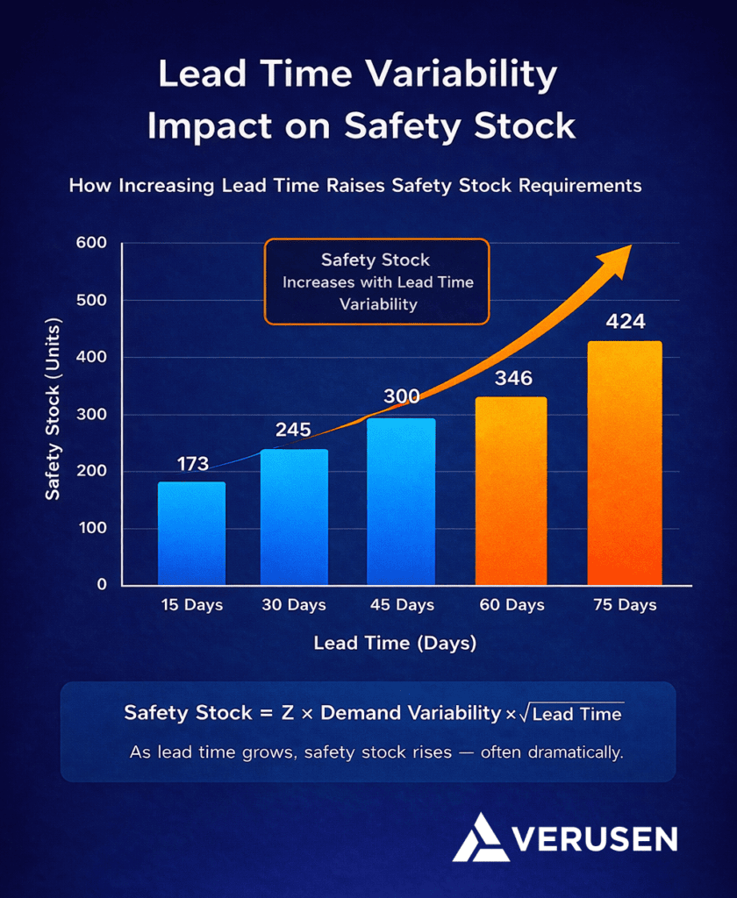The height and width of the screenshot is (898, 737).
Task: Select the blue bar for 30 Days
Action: pyautogui.click(x=294, y=517)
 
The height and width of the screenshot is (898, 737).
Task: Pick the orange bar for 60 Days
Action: pyautogui.click(x=511, y=491)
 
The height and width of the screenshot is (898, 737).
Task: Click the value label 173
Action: pyautogui.click(x=192, y=464)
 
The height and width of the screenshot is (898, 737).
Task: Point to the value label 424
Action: pyautogui.click(x=625, y=322)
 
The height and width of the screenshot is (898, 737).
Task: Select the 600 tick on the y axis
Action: pyautogui.click(x=91, y=244)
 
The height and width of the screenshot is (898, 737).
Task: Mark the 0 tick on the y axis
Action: pyautogui.click(x=102, y=585)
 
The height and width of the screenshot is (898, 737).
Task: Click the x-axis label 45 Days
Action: pyautogui.click(x=403, y=605)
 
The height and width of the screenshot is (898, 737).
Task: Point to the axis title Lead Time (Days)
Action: pyautogui.click(x=395, y=644)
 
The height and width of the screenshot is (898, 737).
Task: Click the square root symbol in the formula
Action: pyautogui.click(x=524, y=713)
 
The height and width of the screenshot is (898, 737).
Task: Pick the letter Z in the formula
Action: pyautogui.click(x=287, y=712)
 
